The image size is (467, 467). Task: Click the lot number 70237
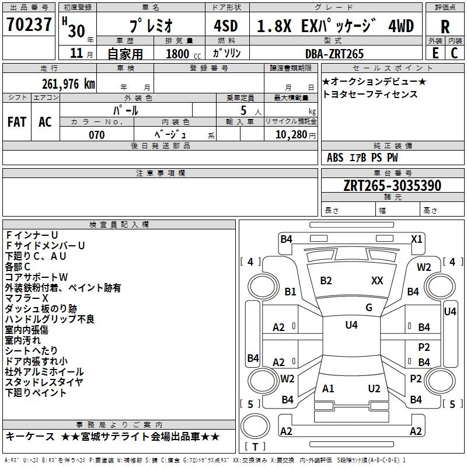click(x=29, y=25)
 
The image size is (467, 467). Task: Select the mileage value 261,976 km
click(x=68, y=83)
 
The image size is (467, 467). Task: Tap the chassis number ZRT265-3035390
click(x=392, y=186)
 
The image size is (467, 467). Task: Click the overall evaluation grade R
click(x=445, y=26)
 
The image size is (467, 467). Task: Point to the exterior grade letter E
click(x=435, y=53)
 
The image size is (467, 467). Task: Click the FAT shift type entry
click(x=16, y=122)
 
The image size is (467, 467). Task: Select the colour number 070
click(x=96, y=135)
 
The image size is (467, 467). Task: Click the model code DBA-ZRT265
click(x=334, y=54)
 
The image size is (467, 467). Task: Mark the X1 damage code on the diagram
click(x=416, y=239)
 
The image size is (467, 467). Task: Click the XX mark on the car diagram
click(x=377, y=281)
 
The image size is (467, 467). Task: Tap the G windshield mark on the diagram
click(x=369, y=308)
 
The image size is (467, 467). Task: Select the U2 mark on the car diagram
click(x=374, y=389)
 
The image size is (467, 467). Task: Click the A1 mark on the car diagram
click(x=328, y=389)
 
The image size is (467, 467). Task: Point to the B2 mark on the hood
click(x=326, y=281)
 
